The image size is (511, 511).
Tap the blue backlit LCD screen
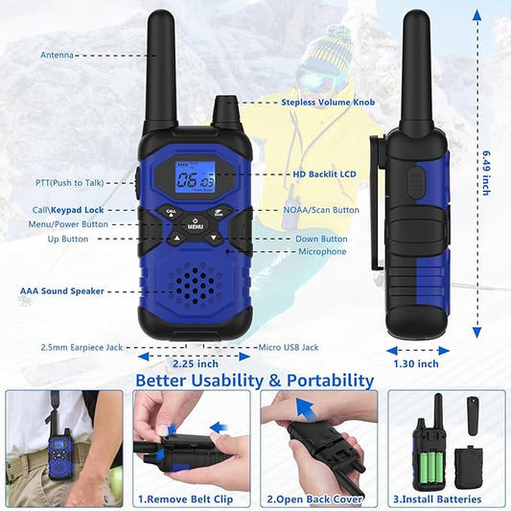point(195,180)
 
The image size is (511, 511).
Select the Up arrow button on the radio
point(176,238)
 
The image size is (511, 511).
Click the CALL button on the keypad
point(171,212)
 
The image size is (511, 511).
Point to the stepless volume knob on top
point(225,110)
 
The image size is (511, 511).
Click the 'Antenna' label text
point(57,55)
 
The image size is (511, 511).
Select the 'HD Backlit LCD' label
point(324,174)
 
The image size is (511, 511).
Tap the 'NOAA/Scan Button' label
point(321,210)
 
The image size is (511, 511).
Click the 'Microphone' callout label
point(322,251)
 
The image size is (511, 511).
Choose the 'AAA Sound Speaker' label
point(62,291)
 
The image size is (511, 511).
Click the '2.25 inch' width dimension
point(196,363)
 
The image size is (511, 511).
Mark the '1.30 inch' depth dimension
point(416,363)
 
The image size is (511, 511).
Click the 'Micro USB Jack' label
point(289,347)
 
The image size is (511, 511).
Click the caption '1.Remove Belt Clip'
point(185,499)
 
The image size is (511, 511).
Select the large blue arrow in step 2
point(306,408)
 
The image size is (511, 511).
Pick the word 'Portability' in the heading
point(330,381)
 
